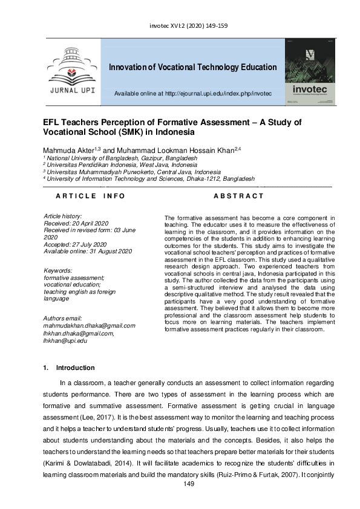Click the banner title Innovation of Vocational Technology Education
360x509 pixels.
click(x=193, y=67)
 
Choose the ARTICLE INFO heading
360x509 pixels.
click(x=90, y=196)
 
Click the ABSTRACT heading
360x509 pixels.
click(x=238, y=196)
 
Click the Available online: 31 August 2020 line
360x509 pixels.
click(x=88, y=251)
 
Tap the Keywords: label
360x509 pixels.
click(x=59, y=270)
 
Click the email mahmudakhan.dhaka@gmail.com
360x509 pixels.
click(x=90, y=326)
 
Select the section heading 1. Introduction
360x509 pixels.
click(x=69, y=368)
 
